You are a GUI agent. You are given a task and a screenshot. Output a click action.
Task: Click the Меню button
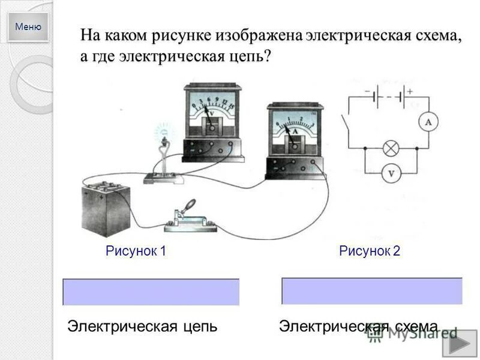pos(28,27)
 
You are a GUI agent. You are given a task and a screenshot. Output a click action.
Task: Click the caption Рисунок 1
pos(136,251)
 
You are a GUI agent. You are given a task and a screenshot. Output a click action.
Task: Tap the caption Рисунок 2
pos(370,251)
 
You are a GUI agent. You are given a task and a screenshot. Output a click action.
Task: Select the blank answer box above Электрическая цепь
pos(151,292)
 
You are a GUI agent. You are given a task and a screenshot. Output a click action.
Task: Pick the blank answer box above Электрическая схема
pos(372,291)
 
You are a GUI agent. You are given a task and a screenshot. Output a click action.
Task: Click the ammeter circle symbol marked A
pos(428,122)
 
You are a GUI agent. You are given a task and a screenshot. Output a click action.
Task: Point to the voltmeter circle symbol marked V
pos(391,173)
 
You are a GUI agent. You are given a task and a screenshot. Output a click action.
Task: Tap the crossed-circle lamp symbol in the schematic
pos(391,148)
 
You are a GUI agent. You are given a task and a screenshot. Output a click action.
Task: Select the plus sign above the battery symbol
pos(410,91)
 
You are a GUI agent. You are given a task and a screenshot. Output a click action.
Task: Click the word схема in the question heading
pos(436,35)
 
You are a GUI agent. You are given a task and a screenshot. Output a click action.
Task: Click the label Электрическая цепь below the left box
pos(142,326)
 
